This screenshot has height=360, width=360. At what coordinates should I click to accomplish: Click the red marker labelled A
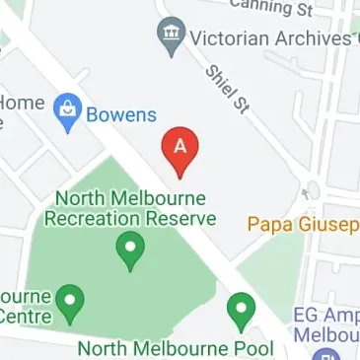180,147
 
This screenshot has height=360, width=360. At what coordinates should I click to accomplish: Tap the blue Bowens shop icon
68,111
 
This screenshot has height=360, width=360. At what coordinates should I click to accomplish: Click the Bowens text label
120,114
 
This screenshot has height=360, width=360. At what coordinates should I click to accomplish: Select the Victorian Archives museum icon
173,36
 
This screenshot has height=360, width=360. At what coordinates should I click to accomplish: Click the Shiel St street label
226,88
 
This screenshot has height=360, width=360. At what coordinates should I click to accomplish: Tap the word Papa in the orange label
267,225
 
